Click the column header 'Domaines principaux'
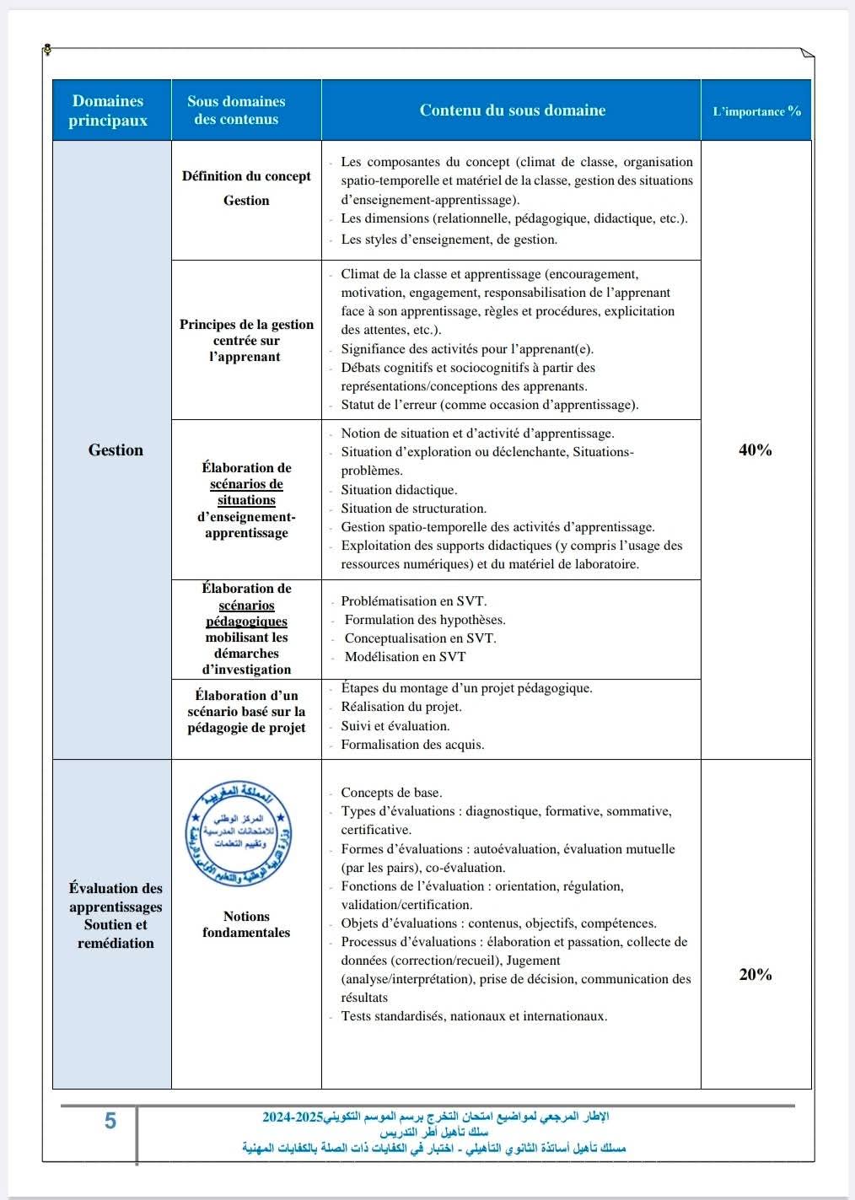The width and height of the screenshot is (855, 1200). (x=108, y=110)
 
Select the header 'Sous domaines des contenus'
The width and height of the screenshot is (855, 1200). (x=236, y=110)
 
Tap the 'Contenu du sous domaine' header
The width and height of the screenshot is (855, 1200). (x=513, y=110)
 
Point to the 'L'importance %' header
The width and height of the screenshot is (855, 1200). (x=756, y=111)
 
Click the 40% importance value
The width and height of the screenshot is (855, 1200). (x=756, y=450)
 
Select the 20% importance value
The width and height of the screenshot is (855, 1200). (x=756, y=975)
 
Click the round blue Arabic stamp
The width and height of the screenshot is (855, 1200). (x=239, y=833)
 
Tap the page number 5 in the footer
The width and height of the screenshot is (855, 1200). (x=110, y=1121)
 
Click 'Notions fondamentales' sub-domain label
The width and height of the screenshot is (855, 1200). (x=246, y=924)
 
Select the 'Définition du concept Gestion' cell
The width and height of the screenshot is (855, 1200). (x=246, y=188)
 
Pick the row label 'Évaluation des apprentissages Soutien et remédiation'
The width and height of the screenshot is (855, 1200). (x=116, y=915)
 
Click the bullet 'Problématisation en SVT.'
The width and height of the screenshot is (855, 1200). (x=413, y=601)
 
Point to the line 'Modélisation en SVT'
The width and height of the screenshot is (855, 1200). (x=405, y=657)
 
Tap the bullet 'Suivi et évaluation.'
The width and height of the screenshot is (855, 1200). (x=395, y=726)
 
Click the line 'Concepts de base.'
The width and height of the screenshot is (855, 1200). (x=391, y=793)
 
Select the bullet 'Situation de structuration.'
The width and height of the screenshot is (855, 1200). (x=413, y=509)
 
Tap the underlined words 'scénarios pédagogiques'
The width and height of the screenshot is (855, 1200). (x=246, y=613)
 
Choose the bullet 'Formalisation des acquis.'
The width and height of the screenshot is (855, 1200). (x=412, y=745)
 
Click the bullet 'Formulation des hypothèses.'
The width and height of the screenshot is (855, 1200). (x=425, y=620)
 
